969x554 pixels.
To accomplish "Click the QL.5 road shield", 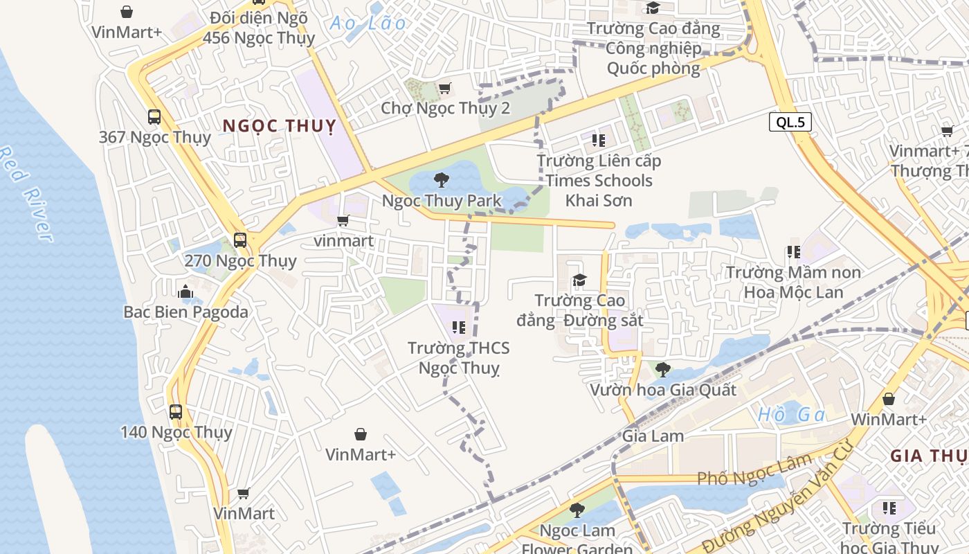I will (x=790, y=123).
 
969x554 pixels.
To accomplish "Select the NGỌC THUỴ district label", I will (x=279, y=126).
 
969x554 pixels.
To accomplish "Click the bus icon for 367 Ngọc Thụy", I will (x=154, y=117).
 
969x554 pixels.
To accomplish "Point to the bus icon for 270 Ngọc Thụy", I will (x=240, y=240).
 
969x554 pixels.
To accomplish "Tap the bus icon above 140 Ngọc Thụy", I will (x=176, y=412).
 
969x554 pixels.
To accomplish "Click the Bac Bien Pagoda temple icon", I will (x=185, y=292).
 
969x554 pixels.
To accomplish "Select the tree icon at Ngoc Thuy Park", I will (x=441, y=181).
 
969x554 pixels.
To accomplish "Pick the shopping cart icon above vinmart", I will (x=343, y=221).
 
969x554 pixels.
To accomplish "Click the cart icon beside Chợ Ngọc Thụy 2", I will (x=444, y=88).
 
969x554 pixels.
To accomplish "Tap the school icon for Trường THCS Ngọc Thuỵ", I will (x=458, y=327).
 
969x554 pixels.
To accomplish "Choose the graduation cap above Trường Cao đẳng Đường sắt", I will (x=579, y=280).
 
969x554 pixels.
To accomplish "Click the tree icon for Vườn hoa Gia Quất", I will (x=662, y=369).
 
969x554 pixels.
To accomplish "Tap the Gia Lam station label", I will (x=653, y=436).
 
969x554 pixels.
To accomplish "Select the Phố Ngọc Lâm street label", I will (x=754, y=470).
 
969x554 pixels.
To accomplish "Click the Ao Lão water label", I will (x=368, y=23).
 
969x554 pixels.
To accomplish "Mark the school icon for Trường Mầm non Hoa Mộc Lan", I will (x=793, y=252).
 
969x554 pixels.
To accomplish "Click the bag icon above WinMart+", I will (x=889, y=400).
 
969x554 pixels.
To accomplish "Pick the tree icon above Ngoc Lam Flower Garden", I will (x=577, y=510).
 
